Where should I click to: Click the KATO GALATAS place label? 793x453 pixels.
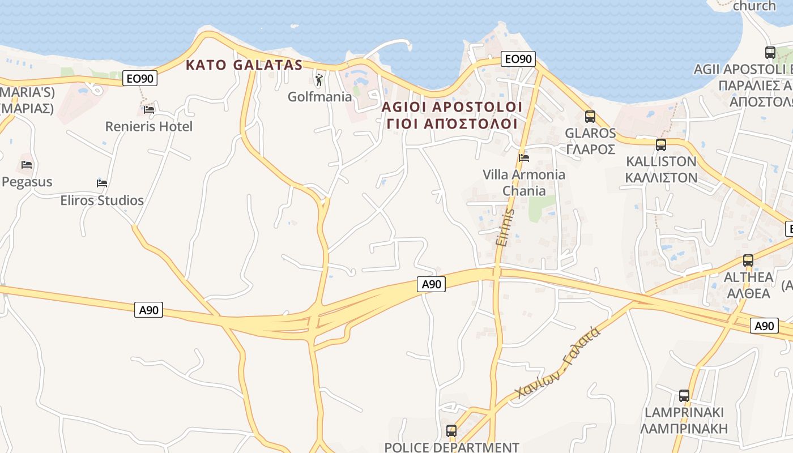coord(244,65)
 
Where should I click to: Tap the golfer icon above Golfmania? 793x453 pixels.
coord(319,80)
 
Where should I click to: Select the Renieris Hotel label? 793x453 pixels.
coord(149,126)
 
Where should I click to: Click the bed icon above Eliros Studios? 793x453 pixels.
coord(102,183)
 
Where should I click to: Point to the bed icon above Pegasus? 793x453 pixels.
coord(27,165)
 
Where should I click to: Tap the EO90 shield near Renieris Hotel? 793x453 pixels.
coord(140,79)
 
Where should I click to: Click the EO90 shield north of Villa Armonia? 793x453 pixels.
coord(518,59)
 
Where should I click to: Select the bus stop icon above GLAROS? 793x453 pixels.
coord(590,117)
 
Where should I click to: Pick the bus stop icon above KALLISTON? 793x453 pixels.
coord(661,144)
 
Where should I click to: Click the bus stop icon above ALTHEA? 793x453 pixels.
coord(748,260)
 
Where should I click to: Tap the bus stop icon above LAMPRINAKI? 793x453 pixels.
coord(684,396)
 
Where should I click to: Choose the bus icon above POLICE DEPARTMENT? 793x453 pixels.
coord(451,430)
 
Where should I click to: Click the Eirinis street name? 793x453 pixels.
coord(504,226)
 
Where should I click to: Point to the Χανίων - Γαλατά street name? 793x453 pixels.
coord(558,363)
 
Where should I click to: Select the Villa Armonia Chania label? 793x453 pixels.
coord(524,182)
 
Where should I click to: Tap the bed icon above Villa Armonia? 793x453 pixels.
coord(524,157)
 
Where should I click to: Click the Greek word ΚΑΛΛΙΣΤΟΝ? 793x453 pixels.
coord(661,177)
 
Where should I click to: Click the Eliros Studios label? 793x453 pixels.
coord(102,200)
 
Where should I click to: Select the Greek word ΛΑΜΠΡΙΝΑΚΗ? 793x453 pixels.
coord(684,428)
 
